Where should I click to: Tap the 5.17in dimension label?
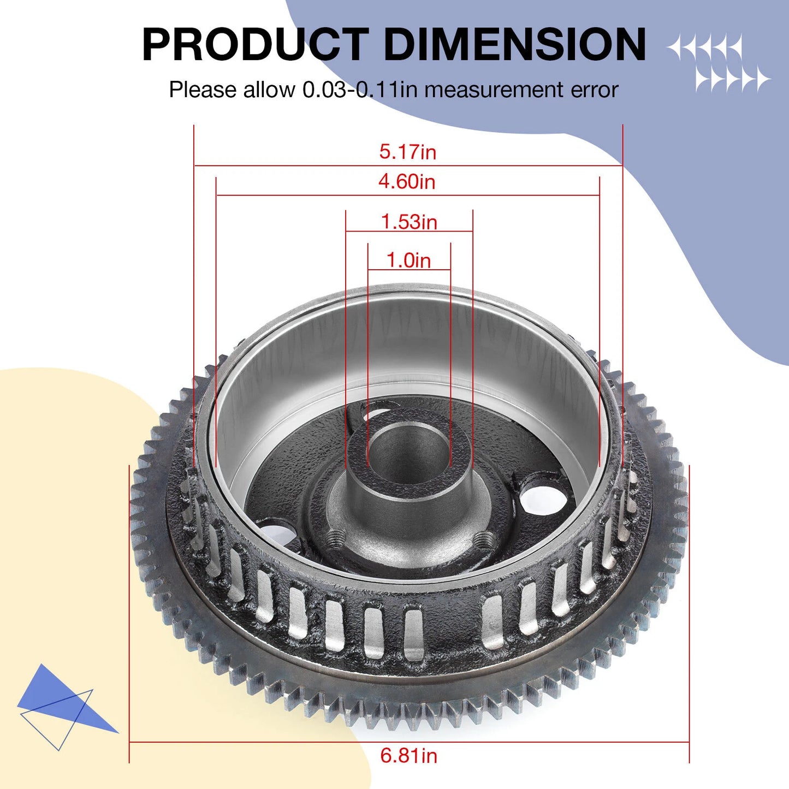[x=408, y=152]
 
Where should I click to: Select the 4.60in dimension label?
[x=407, y=181]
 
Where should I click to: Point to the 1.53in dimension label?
[x=409, y=222]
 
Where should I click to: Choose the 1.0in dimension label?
[x=408, y=260]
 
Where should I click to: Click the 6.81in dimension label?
[x=408, y=756]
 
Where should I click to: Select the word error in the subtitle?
[x=595, y=90]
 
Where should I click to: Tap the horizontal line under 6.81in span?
[x=273, y=743]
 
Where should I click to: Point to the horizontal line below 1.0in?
[x=409, y=270]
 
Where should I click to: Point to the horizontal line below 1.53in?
[x=409, y=231]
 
